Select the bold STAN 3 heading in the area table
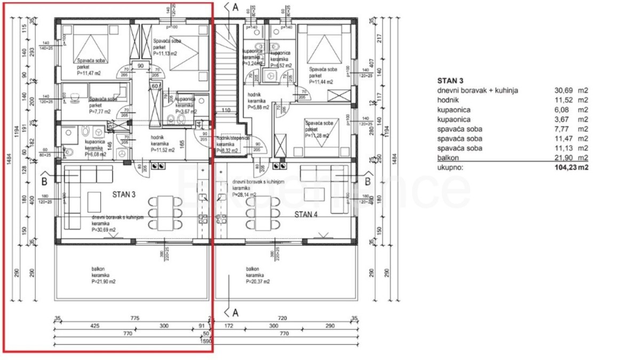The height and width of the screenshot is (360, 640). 450,81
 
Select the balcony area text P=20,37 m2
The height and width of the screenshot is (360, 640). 258,281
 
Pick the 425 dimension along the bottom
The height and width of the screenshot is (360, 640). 95,325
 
